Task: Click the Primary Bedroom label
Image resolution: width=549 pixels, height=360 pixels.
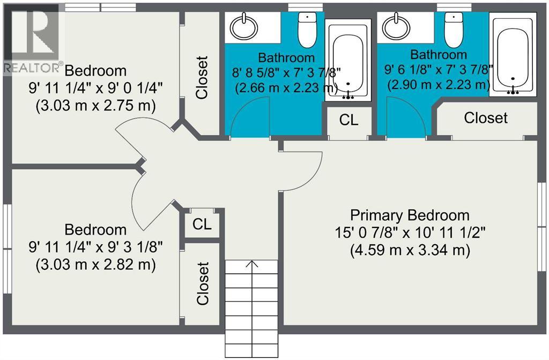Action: click(410, 215)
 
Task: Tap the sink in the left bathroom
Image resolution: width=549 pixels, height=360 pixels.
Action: click(244, 27)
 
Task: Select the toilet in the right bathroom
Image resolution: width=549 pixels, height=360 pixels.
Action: click(454, 30)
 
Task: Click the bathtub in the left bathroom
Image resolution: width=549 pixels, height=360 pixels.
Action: click(347, 60)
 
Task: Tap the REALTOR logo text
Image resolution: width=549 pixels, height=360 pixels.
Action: click(32, 68)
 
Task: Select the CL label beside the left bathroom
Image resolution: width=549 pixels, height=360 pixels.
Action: click(348, 120)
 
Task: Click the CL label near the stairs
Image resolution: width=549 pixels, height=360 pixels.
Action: click(202, 224)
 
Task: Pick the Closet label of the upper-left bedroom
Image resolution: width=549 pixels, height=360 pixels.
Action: click(202, 77)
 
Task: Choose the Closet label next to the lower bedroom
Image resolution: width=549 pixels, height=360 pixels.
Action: click(203, 283)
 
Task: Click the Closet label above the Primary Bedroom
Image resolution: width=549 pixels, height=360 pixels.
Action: click(486, 118)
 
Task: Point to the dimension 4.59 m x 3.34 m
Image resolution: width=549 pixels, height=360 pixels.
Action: click(410, 250)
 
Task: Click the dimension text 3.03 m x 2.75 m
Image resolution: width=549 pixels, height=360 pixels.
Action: click(95, 106)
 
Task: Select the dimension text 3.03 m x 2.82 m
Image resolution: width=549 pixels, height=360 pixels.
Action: click(95, 265)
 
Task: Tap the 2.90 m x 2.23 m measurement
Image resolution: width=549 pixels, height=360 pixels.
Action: click(439, 84)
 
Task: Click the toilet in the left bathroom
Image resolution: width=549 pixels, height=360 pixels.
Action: click(307, 30)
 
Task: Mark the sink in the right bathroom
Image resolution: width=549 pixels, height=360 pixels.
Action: click(396, 27)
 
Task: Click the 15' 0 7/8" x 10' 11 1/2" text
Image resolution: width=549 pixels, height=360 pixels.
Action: click(410, 232)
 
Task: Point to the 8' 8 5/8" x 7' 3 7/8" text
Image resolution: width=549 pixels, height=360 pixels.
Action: click(286, 72)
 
